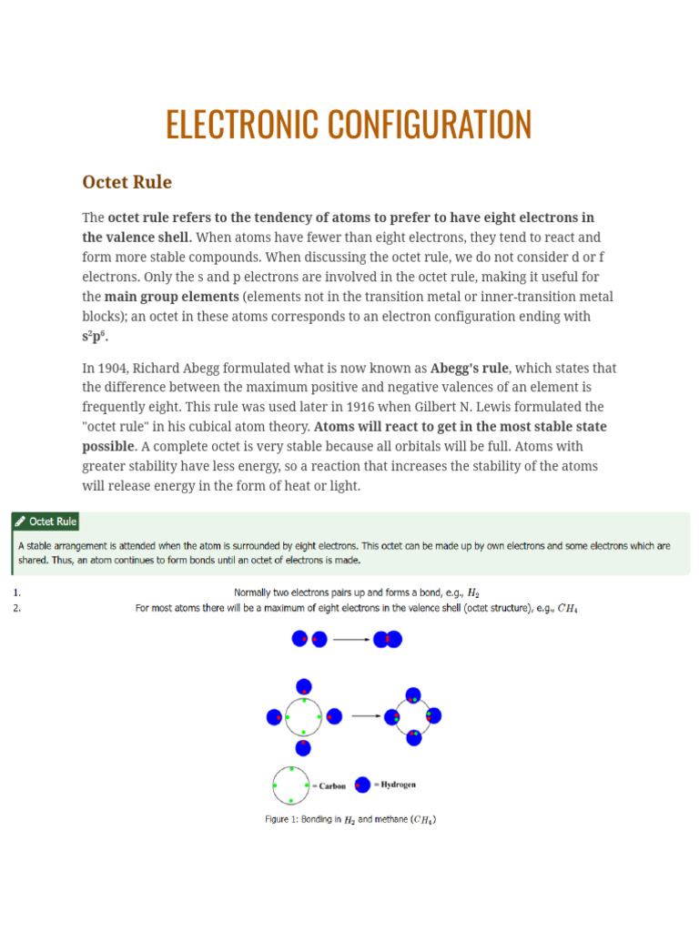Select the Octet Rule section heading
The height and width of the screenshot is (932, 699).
click(127, 182)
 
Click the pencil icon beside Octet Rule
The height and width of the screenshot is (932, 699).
click(20, 522)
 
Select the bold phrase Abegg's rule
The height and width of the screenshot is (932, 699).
click(469, 369)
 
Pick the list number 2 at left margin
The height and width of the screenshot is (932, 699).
click(15, 608)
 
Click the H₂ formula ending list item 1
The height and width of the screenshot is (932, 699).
click(473, 593)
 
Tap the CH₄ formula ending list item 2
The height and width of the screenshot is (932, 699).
click(567, 608)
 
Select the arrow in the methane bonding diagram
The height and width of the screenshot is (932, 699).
click(366, 715)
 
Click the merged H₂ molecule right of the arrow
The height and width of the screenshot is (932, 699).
click(387, 640)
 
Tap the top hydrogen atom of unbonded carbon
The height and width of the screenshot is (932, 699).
click(304, 686)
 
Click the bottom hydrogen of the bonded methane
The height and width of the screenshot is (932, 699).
click(414, 737)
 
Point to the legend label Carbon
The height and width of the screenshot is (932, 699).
click(332, 785)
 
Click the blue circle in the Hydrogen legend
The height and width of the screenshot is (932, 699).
click(363, 785)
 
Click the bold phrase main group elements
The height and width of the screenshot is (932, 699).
click(172, 297)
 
